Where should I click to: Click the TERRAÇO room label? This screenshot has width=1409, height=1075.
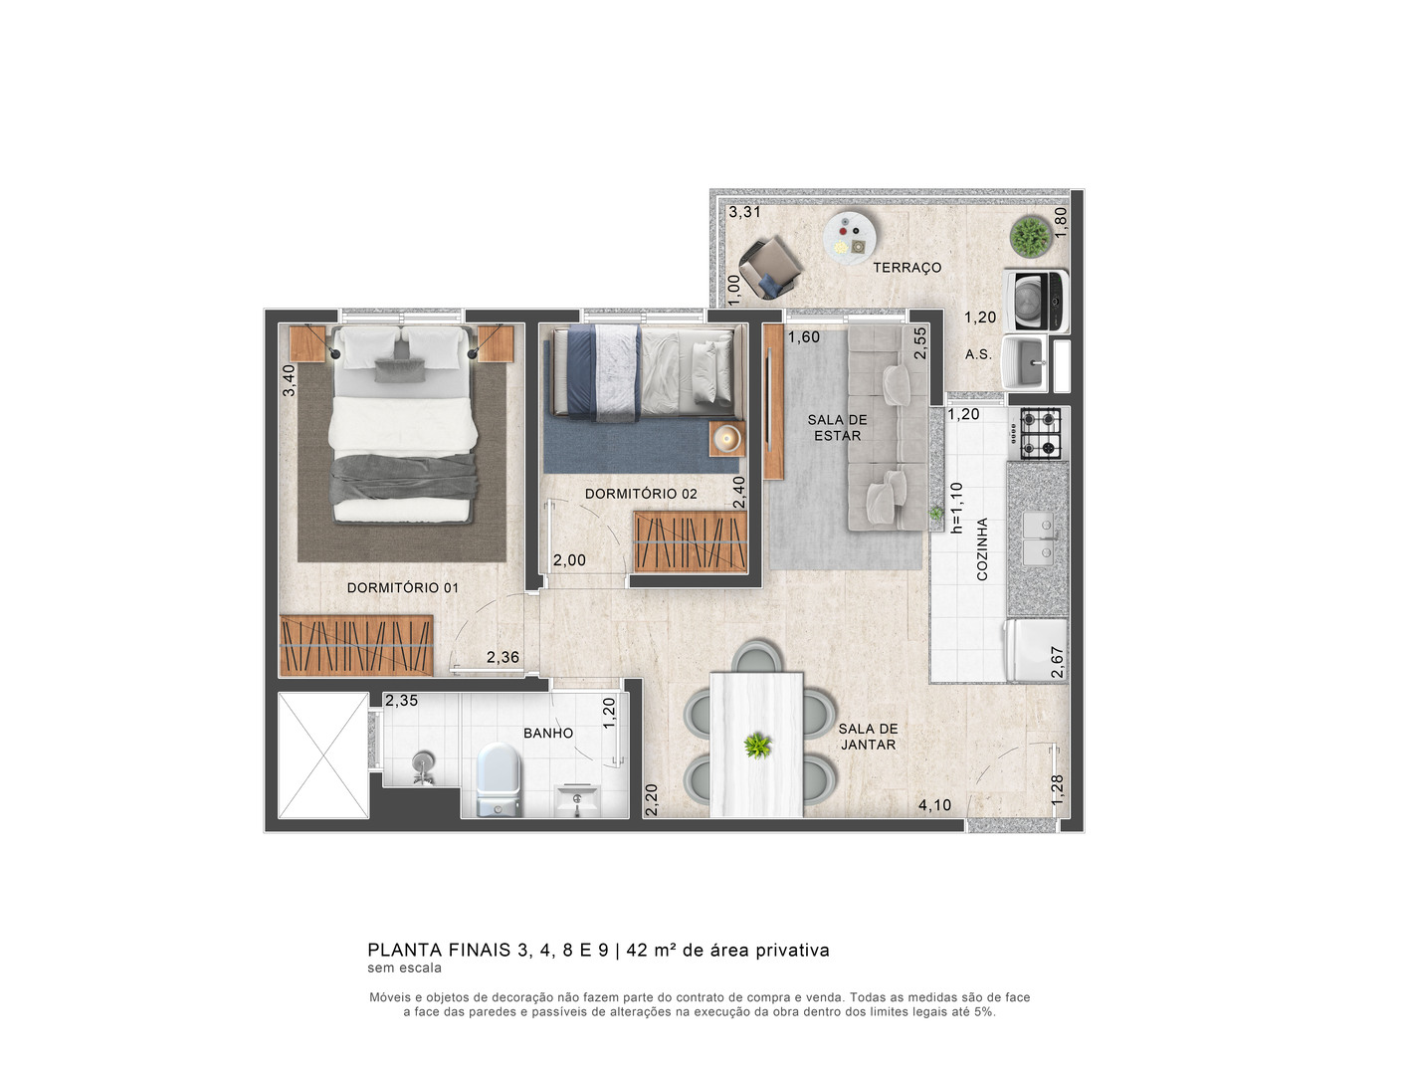[906, 267]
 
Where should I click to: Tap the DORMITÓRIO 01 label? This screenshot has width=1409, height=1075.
[402, 587]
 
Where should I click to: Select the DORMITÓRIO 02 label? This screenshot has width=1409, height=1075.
[641, 493]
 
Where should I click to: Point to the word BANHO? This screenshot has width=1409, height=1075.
[548, 733]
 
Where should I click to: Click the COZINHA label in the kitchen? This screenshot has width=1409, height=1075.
[982, 549]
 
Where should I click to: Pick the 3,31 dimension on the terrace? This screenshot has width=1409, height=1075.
[744, 212]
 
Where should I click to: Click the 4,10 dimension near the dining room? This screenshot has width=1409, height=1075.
[934, 804]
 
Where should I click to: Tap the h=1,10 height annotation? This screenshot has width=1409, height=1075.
[956, 508]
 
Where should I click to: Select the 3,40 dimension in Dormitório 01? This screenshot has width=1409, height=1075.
[289, 380]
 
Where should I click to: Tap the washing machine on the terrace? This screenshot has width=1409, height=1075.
[1036, 301]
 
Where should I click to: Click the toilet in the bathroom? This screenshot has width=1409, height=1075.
[499, 779]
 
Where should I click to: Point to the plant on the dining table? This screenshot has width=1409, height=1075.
[757, 746]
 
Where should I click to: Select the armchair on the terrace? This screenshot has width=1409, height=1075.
[769, 267]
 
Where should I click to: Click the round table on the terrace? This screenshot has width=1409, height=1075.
[850, 236]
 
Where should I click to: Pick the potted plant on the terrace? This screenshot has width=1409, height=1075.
[1030, 236]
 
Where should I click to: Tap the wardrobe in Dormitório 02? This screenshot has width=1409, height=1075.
[691, 540]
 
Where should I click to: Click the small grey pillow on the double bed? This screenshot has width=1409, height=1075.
[399, 370]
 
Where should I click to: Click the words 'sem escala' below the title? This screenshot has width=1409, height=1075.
[404, 967]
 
